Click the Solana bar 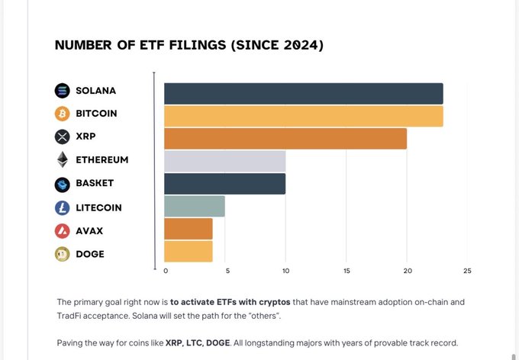tap(303, 93)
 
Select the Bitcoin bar tap(303, 116)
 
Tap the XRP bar tap(285, 138)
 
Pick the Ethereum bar tap(224, 161)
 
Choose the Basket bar tap(224, 184)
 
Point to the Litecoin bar tap(194, 207)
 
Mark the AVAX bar tap(188, 229)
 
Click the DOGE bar tap(188, 251)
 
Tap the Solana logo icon tap(63, 91)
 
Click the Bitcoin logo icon tap(63, 114)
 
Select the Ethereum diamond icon tap(63, 159)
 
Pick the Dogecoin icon tap(63, 254)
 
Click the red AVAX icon tap(63, 230)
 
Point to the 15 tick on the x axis tap(347, 271)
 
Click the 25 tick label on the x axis tap(467, 271)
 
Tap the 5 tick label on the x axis tap(225, 271)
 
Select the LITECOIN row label tap(98, 207)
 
